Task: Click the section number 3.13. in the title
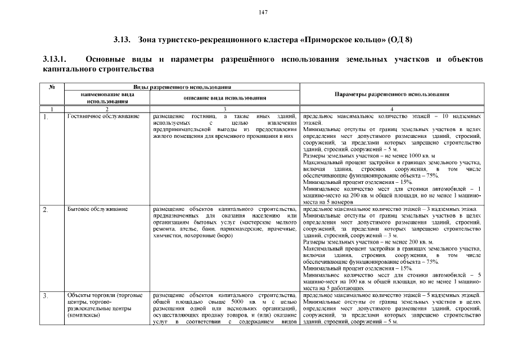[x=122, y=40]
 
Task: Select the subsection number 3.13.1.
[x=55, y=59]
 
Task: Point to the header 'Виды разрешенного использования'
[x=182, y=87]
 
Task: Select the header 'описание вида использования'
[x=225, y=97]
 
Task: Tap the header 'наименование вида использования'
[x=107, y=98]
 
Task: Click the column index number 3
[x=225, y=108]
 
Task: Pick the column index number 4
[x=391, y=108]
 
